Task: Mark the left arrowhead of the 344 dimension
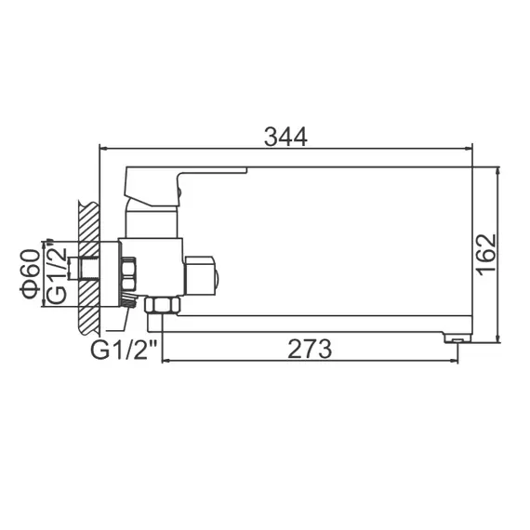tap(104, 148)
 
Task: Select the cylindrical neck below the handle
tap(152, 220)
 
